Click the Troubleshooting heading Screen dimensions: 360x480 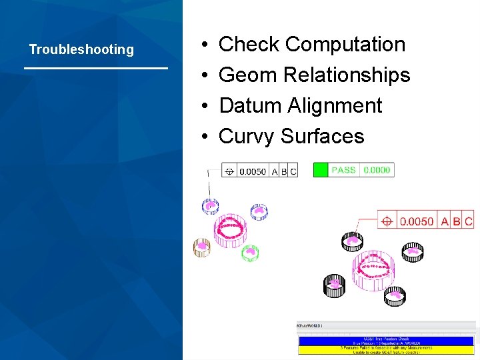81,49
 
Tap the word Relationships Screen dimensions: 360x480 347,75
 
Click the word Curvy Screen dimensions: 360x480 247,136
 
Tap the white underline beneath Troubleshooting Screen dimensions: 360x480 95,68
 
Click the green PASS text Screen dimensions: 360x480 343,170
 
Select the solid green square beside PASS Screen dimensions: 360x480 321,170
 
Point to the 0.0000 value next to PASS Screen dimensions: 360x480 377,170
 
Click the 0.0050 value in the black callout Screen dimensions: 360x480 253,171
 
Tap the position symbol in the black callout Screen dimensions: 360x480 229,171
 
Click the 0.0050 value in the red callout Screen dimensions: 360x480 417,221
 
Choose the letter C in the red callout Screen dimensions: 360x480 469,221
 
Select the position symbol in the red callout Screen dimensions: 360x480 387,221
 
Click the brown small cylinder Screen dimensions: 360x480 201,247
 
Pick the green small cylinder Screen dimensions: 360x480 250,253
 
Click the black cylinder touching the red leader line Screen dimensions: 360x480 351,241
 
